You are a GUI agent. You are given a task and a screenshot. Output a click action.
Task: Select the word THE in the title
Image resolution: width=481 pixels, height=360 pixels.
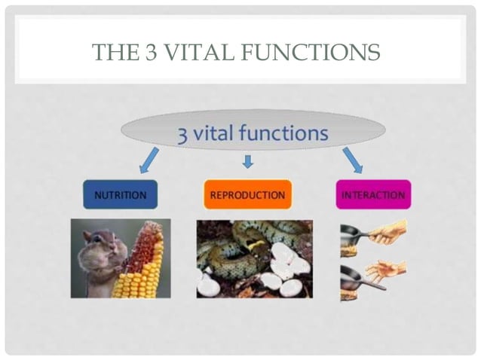pyautogui.click(x=114, y=53)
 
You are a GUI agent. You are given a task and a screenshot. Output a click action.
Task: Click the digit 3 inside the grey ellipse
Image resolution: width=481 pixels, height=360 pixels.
pyautogui.click(x=182, y=134)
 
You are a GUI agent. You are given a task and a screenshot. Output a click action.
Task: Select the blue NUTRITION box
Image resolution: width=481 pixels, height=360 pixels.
pyautogui.click(x=120, y=195)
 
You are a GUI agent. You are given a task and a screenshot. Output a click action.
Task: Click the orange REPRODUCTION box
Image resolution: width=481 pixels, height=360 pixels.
pyautogui.click(x=247, y=195)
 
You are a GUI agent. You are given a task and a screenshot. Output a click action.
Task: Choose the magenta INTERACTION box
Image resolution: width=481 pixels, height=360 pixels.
pyautogui.click(x=373, y=195)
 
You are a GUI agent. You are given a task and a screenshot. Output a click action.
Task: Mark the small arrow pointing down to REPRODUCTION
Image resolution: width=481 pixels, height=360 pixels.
pyautogui.click(x=247, y=161)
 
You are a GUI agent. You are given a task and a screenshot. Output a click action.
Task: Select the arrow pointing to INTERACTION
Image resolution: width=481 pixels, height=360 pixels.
pyautogui.click(x=352, y=160)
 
